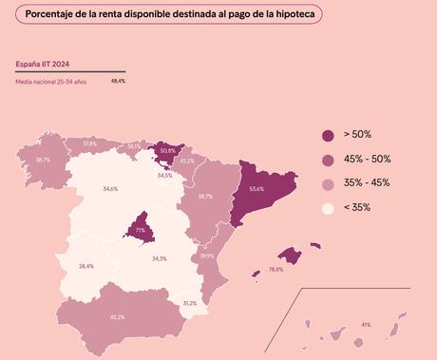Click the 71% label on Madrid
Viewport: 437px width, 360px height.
pyautogui.click(x=140, y=231)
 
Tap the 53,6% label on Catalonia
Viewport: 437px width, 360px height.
pyautogui.click(x=256, y=189)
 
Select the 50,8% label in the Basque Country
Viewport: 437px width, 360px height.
pyautogui.click(x=167, y=150)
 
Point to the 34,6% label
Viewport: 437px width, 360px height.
pyautogui.click(x=110, y=189)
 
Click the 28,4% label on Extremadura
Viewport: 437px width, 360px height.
pyautogui.click(x=86, y=266)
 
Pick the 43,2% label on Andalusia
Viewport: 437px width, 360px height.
pyautogui.click(x=117, y=316)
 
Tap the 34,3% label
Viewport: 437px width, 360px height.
pyautogui.click(x=160, y=258)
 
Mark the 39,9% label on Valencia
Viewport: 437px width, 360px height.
pyautogui.click(x=207, y=256)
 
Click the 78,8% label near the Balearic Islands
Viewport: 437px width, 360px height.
pyautogui.click(x=276, y=270)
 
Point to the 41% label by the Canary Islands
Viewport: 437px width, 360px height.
pyautogui.click(x=366, y=325)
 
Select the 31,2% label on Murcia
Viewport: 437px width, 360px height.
pyautogui.click(x=189, y=303)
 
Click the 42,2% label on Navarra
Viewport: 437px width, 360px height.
pyautogui.click(x=187, y=161)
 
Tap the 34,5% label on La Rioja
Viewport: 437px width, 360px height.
pyautogui.click(x=165, y=175)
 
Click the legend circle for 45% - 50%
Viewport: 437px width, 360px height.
pyautogui.click(x=328, y=160)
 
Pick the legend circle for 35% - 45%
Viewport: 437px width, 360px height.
pyautogui.click(x=328, y=183)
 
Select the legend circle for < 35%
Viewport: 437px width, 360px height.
pyautogui.click(x=328, y=207)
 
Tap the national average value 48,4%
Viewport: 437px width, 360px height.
pyautogui.click(x=118, y=82)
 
